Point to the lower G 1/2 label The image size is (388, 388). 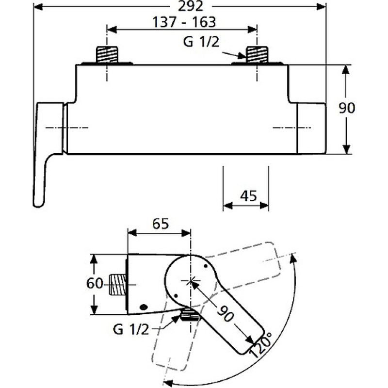click(x=130, y=329)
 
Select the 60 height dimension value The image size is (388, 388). click(x=96, y=284)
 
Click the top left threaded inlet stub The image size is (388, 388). click(x=107, y=54)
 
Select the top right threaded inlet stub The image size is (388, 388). click(x=257, y=54)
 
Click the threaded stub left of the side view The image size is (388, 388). click(x=118, y=285)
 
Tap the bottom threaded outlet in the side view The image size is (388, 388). click(x=190, y=315)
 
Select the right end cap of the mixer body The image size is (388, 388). click(x=311, y=129)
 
